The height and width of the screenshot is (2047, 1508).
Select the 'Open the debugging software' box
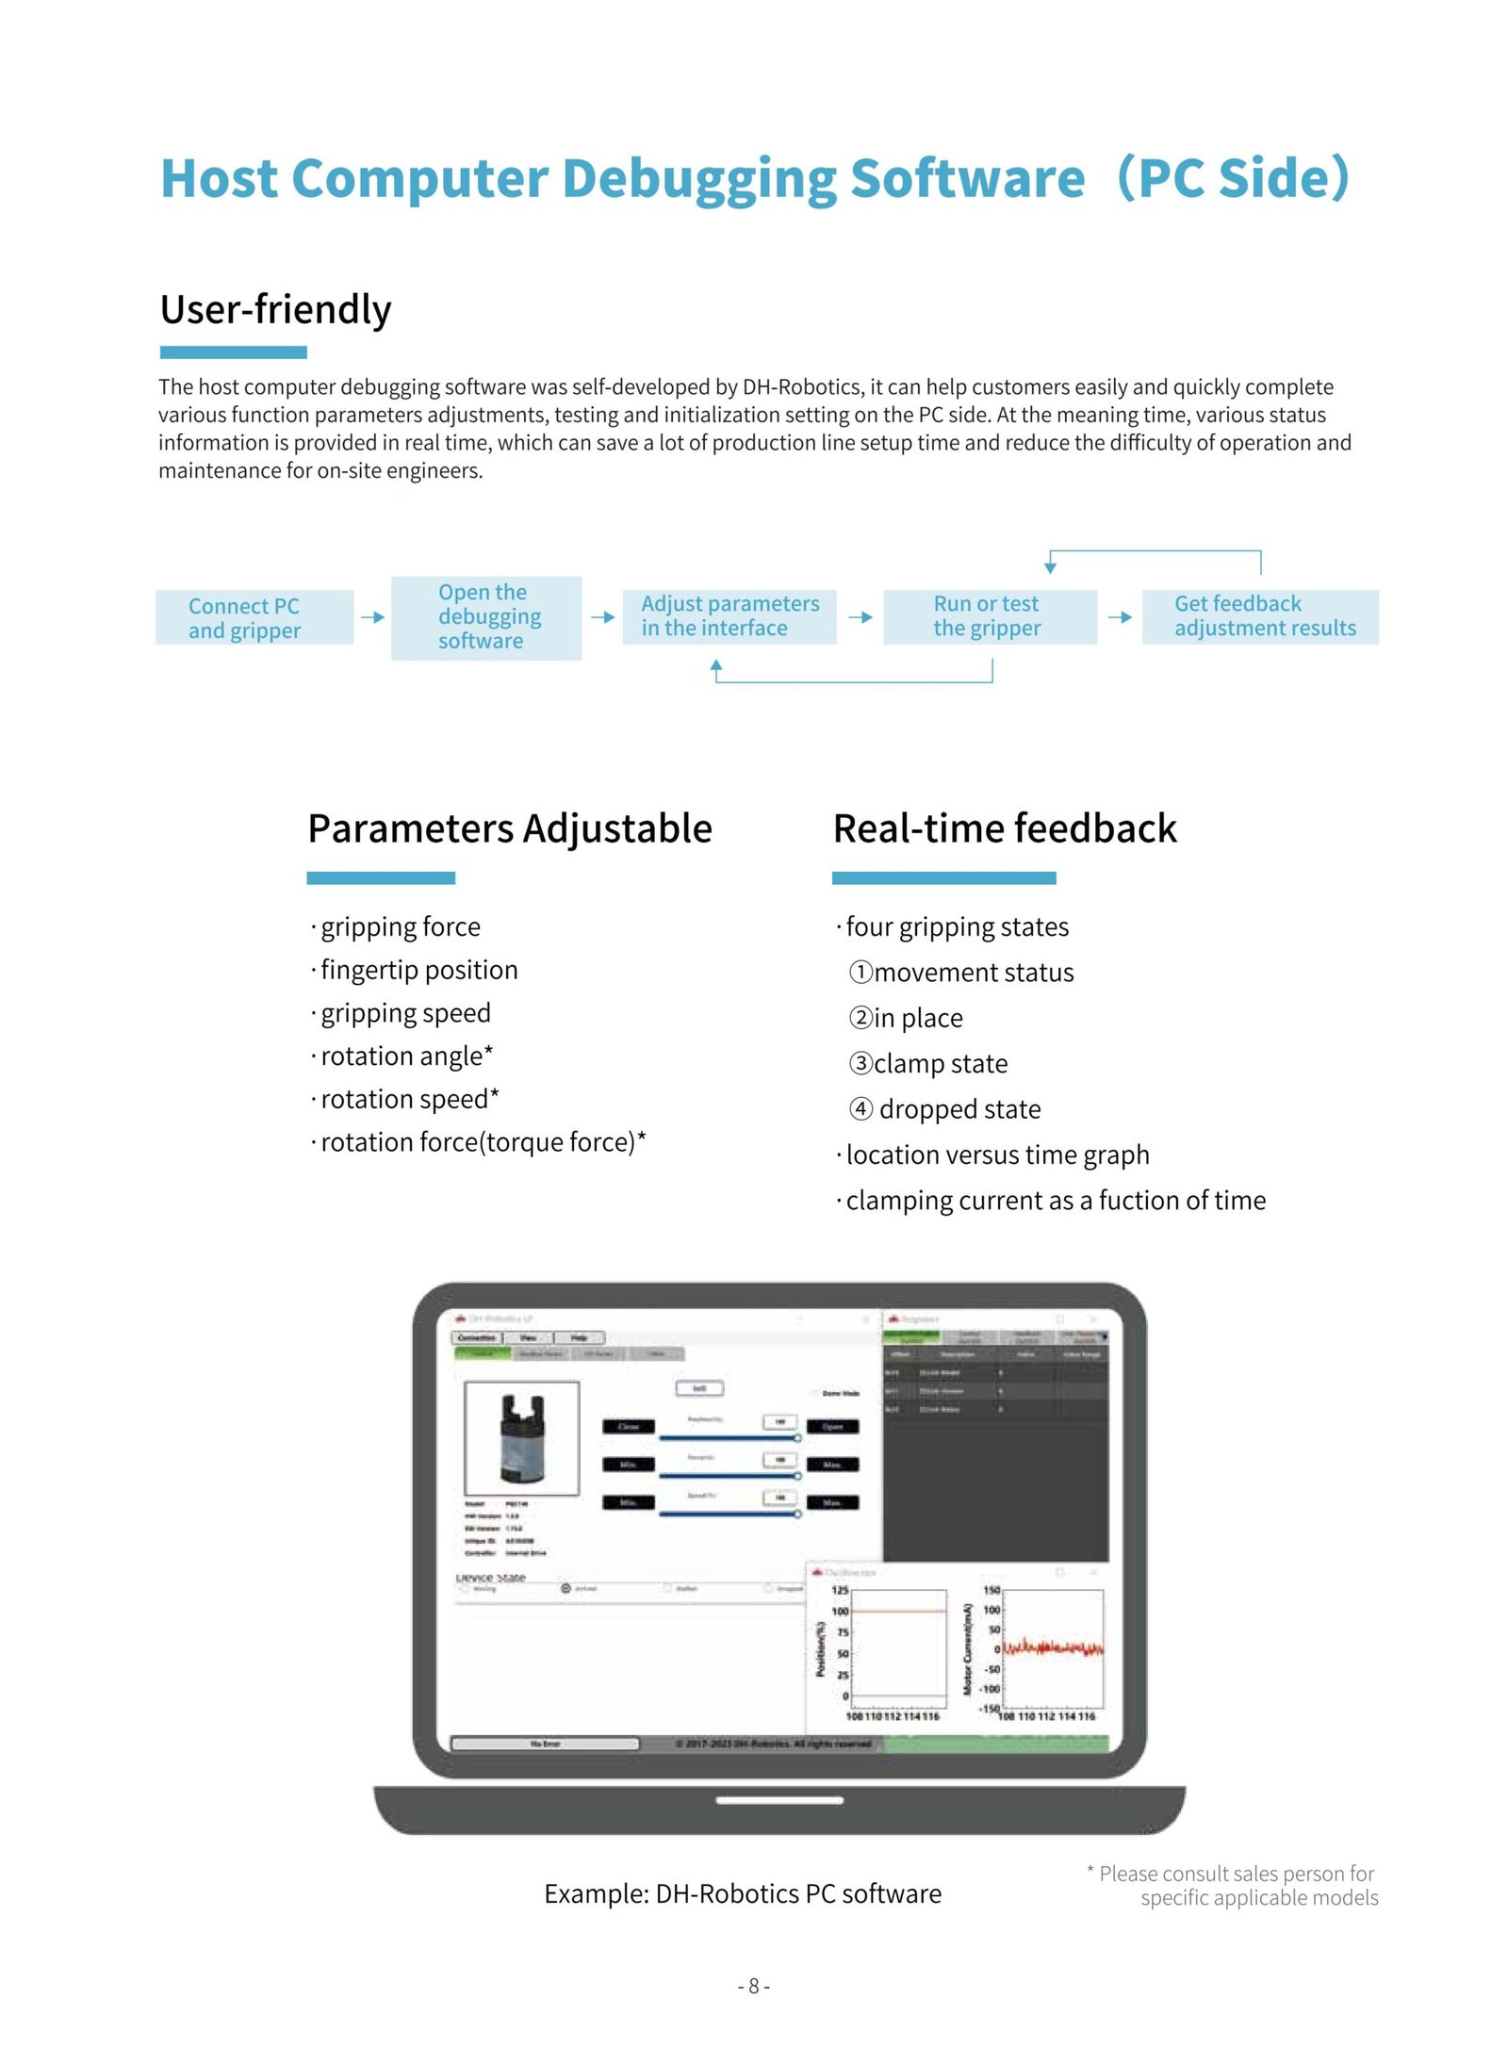click(x=485, y=617)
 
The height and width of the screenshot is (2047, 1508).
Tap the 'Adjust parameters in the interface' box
click(x=729, y=616)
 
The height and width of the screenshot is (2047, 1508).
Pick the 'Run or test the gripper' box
click(x=989, y=616)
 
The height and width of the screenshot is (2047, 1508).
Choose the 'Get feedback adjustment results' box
click(x=1259, y=616)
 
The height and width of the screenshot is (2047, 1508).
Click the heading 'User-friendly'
click(x=275, y=309)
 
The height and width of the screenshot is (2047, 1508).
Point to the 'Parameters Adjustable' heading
click(x=509, y=828)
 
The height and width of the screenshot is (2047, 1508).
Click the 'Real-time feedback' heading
click(x=1004, y=828)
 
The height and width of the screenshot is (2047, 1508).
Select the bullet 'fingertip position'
click(x=418, y=970)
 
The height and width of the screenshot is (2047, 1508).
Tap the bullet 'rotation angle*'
click(x=406, y=1056)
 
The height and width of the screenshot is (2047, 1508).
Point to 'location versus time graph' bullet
click(x=996, y=1155)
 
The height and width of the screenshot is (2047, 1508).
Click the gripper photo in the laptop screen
click(x=522, y=1437)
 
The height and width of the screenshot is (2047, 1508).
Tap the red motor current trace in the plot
click(x=1052, y=1647)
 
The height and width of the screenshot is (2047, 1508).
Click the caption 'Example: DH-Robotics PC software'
click(x=742, y=1893)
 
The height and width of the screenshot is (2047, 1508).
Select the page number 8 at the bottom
click(x=753, y=1986)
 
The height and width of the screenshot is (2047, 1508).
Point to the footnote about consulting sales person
click(x=1235, y=1885)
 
